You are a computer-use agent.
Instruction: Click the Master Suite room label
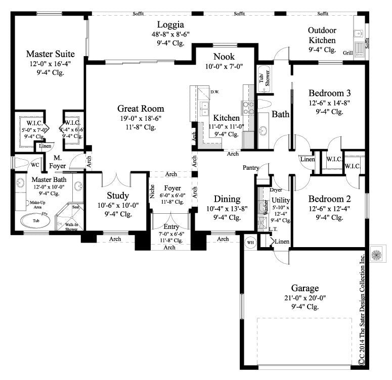click(51, 53)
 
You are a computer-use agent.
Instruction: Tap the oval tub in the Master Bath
click(35, 221)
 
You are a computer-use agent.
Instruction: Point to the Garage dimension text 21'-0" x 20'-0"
click(304, 298)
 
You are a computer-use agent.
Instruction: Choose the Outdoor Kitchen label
click(322, 35)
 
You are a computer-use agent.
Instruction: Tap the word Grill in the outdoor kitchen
click(347, 52)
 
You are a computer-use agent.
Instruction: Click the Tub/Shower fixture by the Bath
click(264, 78)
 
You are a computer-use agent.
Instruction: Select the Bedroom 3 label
click(329, 93)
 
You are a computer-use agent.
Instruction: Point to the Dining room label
click(220, 199)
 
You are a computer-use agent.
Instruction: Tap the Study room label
click(118, 196)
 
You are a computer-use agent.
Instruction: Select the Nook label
click(224, 56)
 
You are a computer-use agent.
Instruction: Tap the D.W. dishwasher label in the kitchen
click(214, 92)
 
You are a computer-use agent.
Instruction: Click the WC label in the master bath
click(35, 165)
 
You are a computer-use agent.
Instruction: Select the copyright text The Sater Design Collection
click(362, 313)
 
